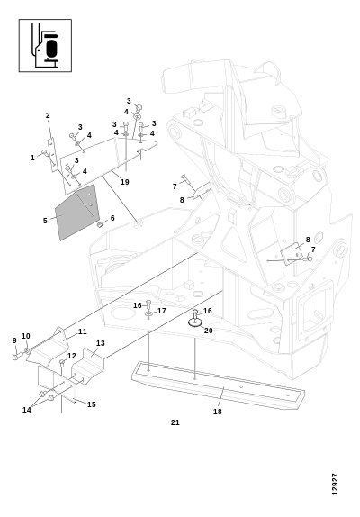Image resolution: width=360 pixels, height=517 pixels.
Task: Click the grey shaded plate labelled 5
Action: coord(77,213)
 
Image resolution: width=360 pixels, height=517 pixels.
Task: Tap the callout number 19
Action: coord(124,182)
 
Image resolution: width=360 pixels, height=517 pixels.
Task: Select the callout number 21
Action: coord(175,422)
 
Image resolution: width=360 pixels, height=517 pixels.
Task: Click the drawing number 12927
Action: coord(335,484)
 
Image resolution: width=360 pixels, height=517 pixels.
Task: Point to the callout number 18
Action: coord(218,412)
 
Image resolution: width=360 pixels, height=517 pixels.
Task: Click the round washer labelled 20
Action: coord(195,322)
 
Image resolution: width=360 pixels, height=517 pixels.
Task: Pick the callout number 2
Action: coord(48,115)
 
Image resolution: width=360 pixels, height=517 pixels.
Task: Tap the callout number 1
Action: coord(32,158)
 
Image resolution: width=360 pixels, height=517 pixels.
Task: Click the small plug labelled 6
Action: coord(99,225)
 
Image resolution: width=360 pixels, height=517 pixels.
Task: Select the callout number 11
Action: coord(82,331)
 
